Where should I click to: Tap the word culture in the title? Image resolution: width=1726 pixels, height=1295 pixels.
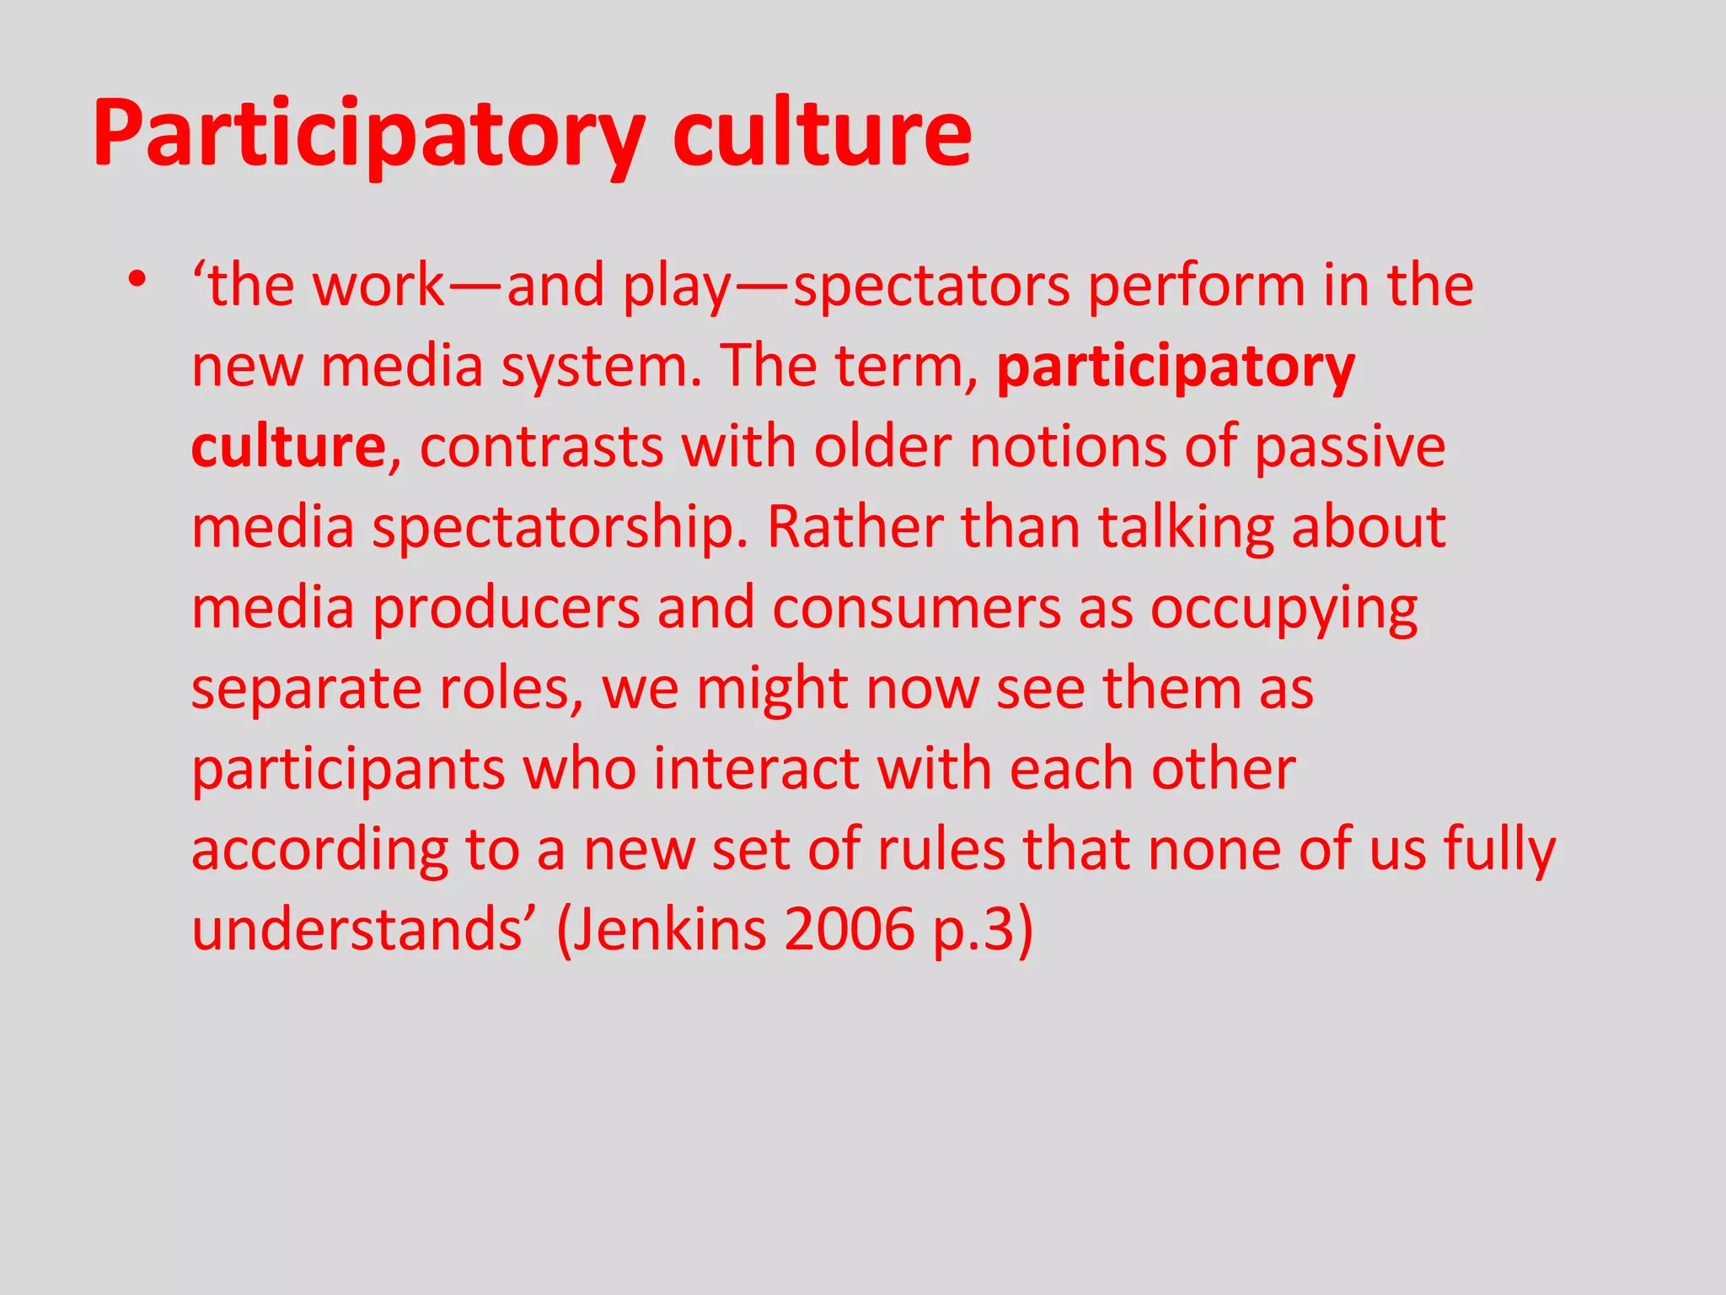[822, 133]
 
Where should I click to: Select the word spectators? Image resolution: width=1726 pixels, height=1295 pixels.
[931, 286]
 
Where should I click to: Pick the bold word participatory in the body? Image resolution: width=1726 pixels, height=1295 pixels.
[1176, 368]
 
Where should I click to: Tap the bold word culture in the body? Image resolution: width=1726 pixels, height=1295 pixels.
[288, 447]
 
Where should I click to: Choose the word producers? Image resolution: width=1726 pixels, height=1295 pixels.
[506, 608]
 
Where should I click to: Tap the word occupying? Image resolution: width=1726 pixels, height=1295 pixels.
[1284, 610]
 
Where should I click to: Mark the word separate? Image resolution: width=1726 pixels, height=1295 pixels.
[304, 689]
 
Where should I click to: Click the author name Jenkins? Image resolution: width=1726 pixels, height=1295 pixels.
[670, 929]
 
